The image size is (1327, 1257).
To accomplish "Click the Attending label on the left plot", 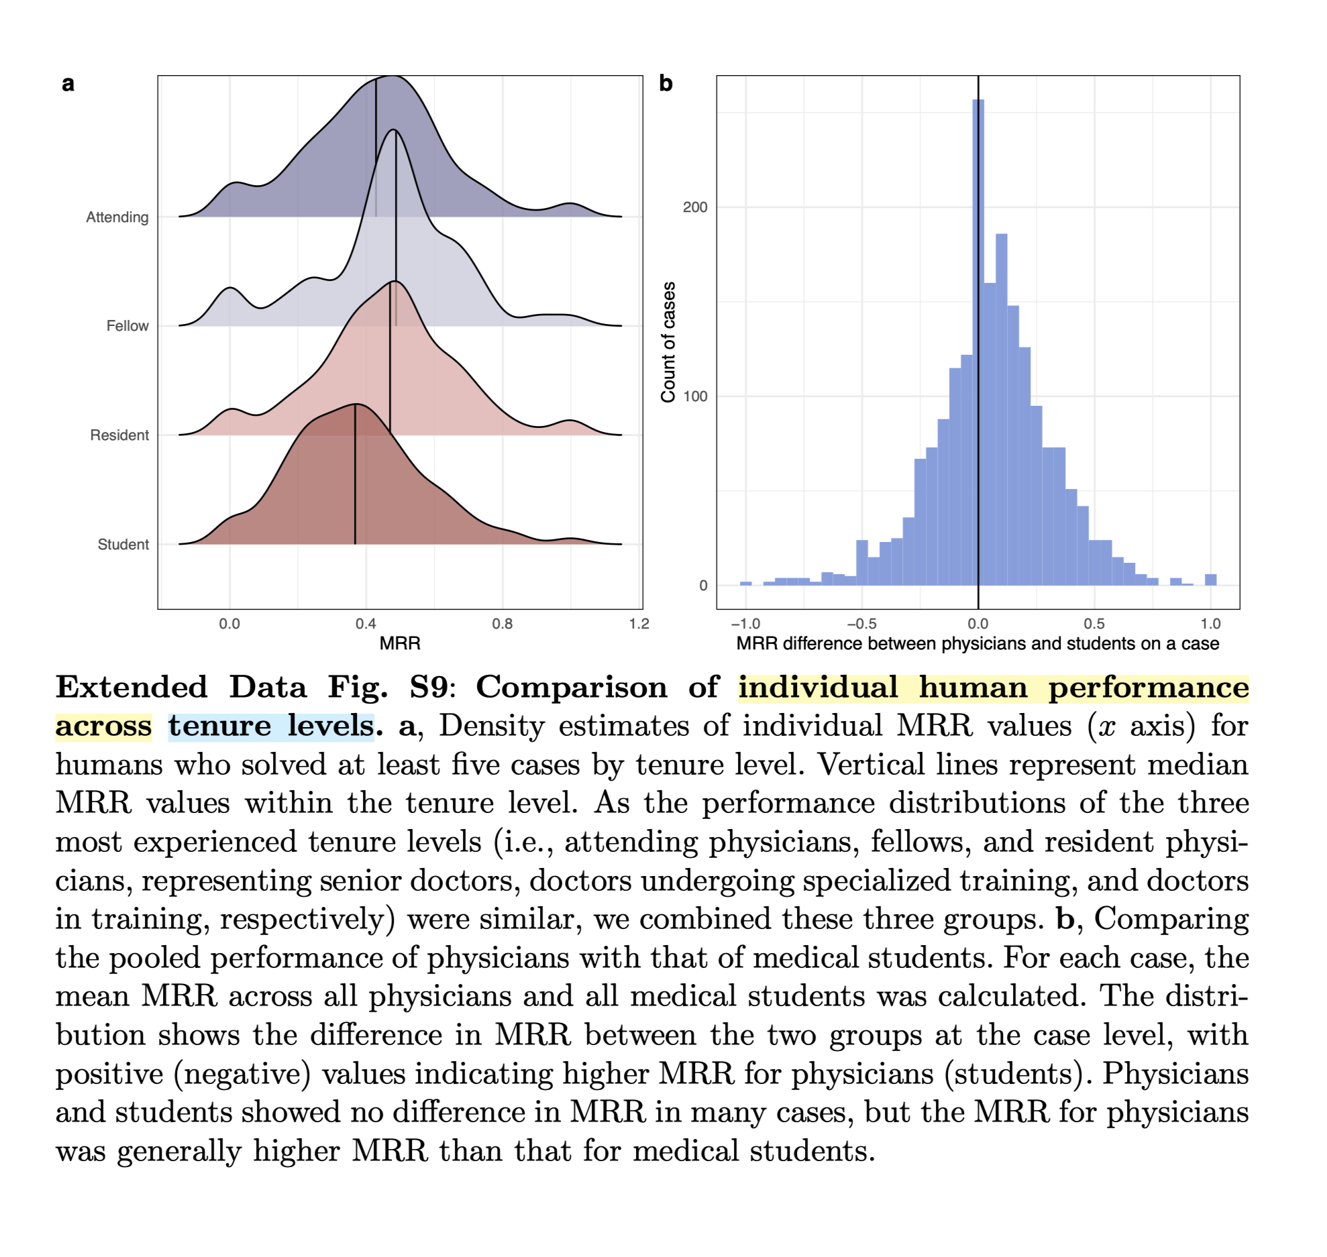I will (117, 217).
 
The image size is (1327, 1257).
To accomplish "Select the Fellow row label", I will (127, 326).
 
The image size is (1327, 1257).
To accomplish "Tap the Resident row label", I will (119, 435).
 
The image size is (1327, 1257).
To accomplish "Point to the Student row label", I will (123, 545).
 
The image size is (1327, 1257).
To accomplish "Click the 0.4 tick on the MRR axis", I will (366, 624).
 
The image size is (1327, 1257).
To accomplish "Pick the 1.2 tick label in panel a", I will (639, 624).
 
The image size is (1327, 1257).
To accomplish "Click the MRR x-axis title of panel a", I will (400, 644).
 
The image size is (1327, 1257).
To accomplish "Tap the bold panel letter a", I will (68, 84).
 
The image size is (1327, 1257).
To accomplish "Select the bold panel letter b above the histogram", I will (666, 84).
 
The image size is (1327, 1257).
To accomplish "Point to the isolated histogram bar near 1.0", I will (1210, 580).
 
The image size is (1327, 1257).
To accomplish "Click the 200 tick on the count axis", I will (695, 207).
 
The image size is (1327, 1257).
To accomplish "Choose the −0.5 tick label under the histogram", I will (861, 624).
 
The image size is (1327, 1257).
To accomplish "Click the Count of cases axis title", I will (668, 342).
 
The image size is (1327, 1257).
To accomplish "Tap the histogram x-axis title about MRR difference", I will (977, 644).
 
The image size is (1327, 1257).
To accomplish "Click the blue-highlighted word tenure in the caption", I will (219, 726).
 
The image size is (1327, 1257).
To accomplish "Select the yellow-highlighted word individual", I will (818, 688).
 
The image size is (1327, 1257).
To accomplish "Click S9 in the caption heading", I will (428, 688).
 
